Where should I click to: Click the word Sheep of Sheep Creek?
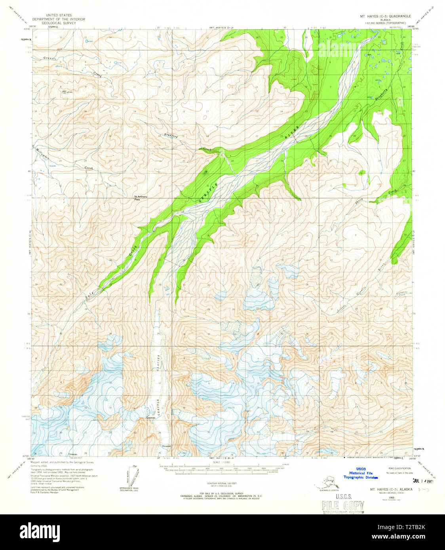359,201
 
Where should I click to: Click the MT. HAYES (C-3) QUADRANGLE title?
384,16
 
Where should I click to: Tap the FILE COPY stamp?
343,505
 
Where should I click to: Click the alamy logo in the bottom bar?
40,531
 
